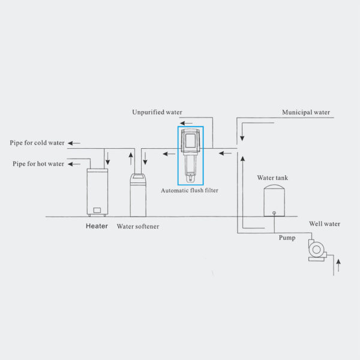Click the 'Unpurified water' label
157,112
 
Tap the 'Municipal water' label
306,112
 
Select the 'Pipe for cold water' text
37,143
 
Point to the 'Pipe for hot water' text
38,164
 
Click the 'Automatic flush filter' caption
190,190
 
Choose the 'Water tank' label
272,178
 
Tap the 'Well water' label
325,224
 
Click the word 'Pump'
287,238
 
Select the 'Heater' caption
97,226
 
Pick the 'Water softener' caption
138,226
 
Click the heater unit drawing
97,193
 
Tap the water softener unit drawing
138,195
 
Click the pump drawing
317,250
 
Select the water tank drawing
274,200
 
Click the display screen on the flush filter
190,140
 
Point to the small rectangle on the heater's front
97,211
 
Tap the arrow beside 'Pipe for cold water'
74,143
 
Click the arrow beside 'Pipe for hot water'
74,164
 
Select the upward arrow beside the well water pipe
338,266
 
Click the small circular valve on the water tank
274,213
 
